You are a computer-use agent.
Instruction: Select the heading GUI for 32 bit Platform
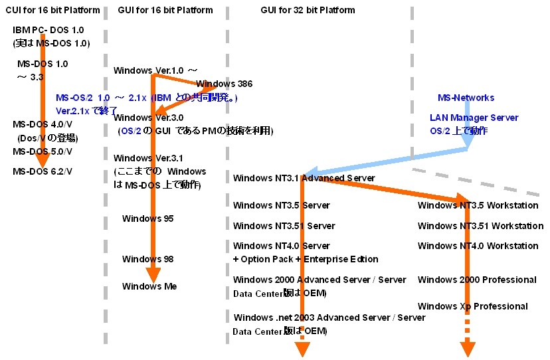point(308,10)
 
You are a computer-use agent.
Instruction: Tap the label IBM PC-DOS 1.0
point(48,31)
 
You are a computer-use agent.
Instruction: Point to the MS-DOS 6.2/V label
point(43,171)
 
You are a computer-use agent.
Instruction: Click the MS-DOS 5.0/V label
point(43,151)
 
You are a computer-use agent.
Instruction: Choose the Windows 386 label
point(224,84)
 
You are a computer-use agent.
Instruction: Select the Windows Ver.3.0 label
point(148,117)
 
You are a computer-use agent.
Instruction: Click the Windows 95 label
point(147,219)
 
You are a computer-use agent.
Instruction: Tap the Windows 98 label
point(147,258)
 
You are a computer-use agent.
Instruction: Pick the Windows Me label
point(148,286)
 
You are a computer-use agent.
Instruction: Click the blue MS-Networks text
point(466,98)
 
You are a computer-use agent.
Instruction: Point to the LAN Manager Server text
point(474,118)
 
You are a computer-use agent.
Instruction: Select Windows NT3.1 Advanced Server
point(304,178)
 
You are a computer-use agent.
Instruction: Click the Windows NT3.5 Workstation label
point(478,205)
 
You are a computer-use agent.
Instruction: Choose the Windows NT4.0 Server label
point(282,246)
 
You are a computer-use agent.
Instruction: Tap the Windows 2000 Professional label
point(477,280)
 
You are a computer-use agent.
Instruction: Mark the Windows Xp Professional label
point(472,306)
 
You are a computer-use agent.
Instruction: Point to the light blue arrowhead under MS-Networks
point(468,140)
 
